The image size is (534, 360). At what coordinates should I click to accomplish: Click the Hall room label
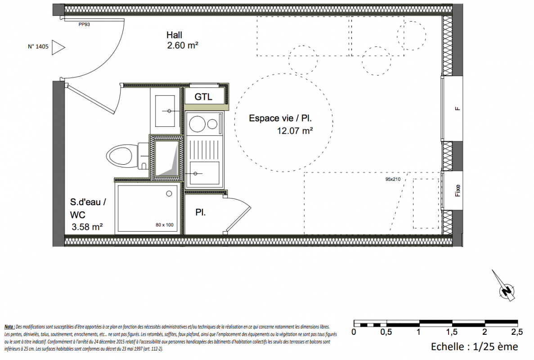(174, 35)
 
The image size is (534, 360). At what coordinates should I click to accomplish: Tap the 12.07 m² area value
(295, 130)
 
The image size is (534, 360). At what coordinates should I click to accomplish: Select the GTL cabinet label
(203, 97)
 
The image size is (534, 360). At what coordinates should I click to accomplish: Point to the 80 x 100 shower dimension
(165, 225)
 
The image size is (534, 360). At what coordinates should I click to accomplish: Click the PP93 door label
(84, 24)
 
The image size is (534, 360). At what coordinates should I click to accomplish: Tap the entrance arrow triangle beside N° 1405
(58, 47)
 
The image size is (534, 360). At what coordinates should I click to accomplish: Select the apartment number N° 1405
(38, 47)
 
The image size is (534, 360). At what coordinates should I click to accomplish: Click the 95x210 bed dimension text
(393, 179)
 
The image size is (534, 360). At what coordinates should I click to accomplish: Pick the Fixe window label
(458, 191)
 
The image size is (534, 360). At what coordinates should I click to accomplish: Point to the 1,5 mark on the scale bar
(452, 332)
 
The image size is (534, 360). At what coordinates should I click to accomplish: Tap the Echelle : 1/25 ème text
(475, 346)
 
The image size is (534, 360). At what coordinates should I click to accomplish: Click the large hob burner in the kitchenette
(197, 124)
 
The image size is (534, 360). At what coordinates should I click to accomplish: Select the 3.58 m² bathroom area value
(87, 227)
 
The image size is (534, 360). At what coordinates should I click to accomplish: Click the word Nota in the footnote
(9, 327)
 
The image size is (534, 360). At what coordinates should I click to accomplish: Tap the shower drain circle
(169, 194)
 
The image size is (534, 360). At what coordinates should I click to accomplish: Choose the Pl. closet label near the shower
(200, 212)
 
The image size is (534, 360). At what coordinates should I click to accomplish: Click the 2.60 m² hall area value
(183, 45)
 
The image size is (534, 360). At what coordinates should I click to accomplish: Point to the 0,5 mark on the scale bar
(386, 332)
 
